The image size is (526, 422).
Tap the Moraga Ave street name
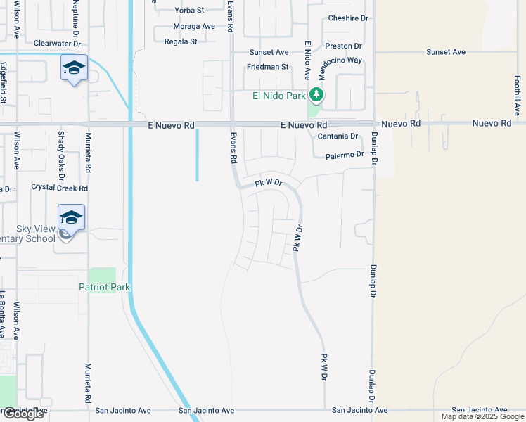(194, 26)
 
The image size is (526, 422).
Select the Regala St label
(181, 41)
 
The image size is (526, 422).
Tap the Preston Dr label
(343, 46)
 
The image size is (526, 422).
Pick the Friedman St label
(267, 67)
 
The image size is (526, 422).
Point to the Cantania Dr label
(338, 136)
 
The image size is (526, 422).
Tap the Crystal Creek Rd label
(59, 188)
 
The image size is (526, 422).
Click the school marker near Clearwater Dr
(74, 68)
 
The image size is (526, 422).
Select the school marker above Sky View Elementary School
(71, 217)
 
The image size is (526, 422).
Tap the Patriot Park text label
(105, 287)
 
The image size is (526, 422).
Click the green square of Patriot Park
(103, 275)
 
